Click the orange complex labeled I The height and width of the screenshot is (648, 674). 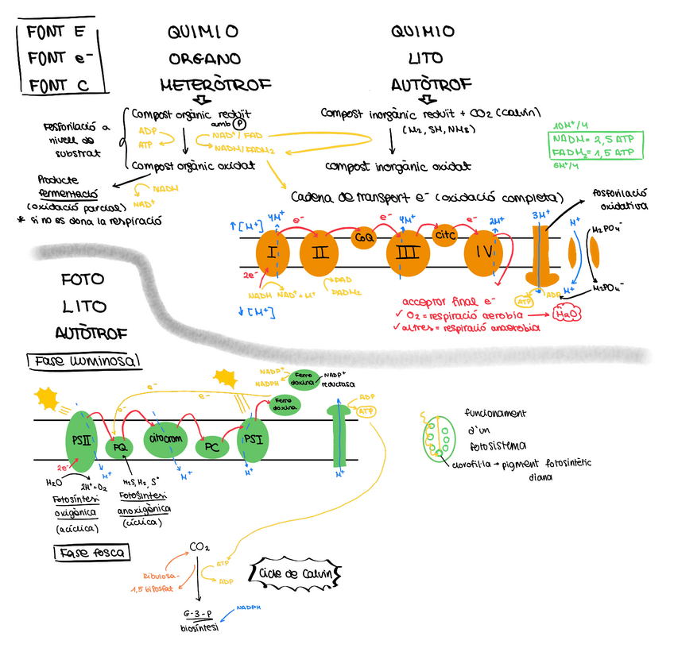[x=272, y=254]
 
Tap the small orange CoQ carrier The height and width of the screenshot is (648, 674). [x=363, y=237]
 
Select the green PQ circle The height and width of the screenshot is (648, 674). [x=119, y=447]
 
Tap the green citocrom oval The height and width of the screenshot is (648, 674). [x=165, y=438]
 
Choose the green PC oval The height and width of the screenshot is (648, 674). [x=211, y=448]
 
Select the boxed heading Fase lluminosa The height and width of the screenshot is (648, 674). [x=85, y=361]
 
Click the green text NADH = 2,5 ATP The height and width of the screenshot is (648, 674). [x=595, y=139]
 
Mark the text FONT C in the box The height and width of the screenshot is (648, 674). [x=57, y=84]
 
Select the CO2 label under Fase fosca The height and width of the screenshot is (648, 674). [x=199, y=546]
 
